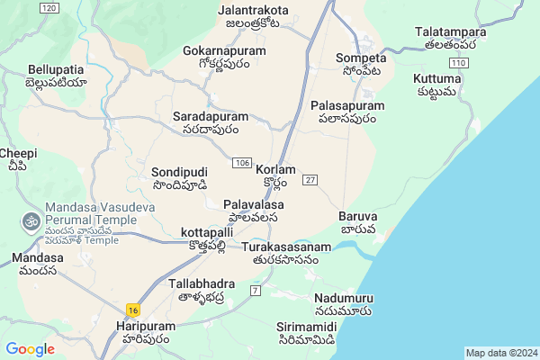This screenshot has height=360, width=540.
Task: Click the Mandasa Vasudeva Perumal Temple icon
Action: (x=30, y=220)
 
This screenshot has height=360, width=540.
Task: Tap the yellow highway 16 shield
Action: (x=132, y=309)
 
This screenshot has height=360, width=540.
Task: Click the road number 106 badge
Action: (x=240, y=162)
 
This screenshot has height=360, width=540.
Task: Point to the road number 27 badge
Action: (x=310, y=180)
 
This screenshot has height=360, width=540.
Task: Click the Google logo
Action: (x=31, y=349)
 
